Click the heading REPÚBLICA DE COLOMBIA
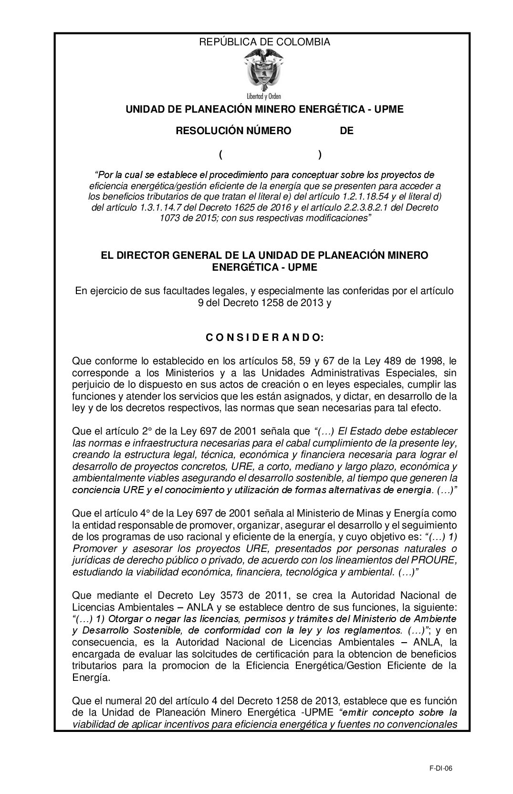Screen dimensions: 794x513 pyautogui.click(x=264, y=42)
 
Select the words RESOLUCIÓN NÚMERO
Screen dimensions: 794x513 pyautogui.click(x=233, y=131)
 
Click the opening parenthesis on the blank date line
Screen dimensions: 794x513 pyautogui.click(x=221, y=155)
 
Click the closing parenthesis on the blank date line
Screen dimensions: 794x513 pyautogui.click(x=319, y=155)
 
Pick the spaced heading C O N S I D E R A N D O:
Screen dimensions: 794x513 pyautogui.click(x=264, y=338)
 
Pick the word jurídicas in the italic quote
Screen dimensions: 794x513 pyautogui.click(x=90, y=560)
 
